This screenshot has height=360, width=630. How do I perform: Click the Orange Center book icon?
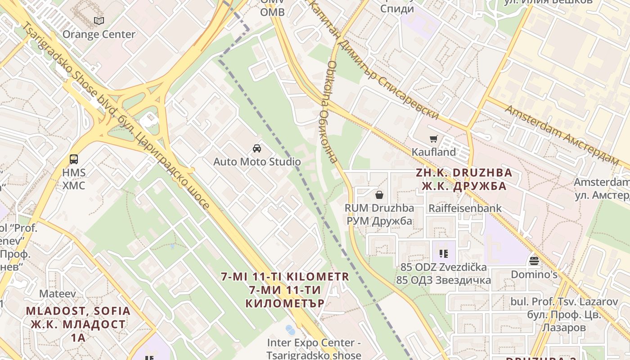click(99, 21)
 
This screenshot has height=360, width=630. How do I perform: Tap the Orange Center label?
click(99, 34)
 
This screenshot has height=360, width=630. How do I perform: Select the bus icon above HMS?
click(74, 159)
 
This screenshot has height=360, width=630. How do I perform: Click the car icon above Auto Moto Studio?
click(257, 148)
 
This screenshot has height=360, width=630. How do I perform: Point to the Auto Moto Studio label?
click(257, 162)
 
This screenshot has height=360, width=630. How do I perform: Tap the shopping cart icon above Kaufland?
click(434, 139)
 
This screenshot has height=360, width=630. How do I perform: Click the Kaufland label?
click(434, 152)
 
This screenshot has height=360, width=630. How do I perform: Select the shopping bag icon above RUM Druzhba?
click(379, 195)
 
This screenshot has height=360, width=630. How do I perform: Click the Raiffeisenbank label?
click(465, 208)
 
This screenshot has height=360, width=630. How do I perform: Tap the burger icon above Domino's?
click(534, 261)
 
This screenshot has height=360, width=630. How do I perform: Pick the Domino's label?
click(534, 274)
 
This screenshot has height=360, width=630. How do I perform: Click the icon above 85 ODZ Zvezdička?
click(444, 254)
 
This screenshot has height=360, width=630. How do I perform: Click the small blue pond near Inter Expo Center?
click(291, 330)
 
